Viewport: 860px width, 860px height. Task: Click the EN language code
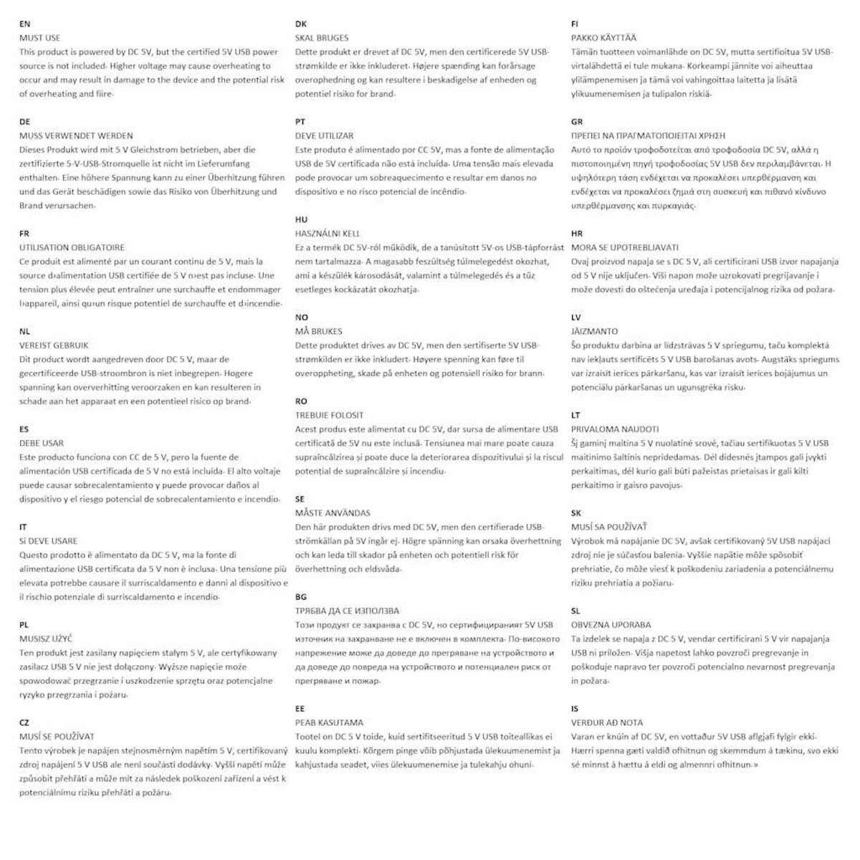24,24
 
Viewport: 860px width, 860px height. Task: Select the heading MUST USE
39,38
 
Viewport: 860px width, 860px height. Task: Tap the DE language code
24,122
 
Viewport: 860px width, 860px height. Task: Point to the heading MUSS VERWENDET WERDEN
75,135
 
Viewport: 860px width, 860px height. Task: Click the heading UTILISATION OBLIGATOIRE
72,247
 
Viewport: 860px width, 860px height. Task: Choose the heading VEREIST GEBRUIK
54,345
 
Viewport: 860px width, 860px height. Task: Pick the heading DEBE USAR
42,443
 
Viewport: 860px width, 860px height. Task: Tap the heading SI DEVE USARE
48,541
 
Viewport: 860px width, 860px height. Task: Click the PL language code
24,625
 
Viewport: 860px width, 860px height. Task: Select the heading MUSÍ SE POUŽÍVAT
57,737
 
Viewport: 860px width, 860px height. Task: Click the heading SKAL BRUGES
322,38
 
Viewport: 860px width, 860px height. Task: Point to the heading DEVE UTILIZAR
324,135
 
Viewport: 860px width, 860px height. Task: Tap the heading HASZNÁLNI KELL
328,234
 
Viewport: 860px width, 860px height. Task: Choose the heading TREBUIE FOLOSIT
329,415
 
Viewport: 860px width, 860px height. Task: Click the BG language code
300,597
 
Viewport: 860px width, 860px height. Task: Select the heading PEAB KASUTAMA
329,722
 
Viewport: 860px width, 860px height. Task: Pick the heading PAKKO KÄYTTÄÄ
603,38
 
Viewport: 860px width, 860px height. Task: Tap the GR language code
577,122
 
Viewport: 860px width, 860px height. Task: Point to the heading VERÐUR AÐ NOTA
607,722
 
